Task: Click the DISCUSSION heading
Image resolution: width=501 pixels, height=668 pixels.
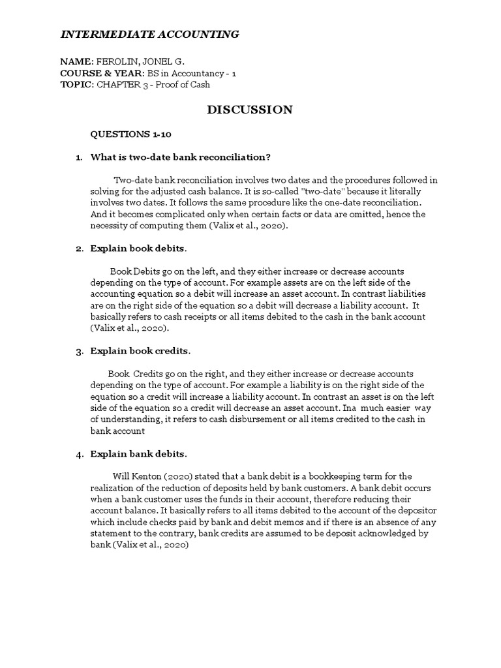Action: [250, 110]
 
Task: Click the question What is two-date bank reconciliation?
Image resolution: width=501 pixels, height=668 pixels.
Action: [181, 157]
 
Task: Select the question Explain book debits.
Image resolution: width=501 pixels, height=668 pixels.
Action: [138, 249]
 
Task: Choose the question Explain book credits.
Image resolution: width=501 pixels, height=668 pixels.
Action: [140, 351]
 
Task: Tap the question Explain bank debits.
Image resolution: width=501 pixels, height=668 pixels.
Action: [138, 453]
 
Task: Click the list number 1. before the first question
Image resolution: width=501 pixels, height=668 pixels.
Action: [79, 157]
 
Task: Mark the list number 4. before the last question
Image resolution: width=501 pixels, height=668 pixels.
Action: [79, 454]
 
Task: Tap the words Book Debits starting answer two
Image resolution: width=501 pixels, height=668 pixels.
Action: [136, 271]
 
